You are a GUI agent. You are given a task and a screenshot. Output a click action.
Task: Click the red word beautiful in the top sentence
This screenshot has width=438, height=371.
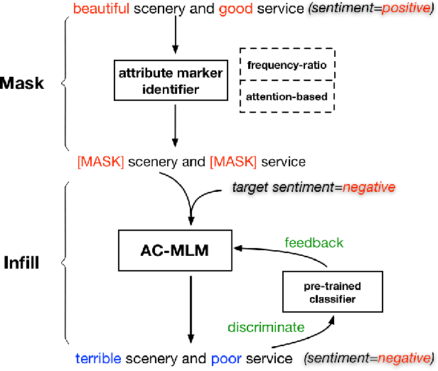(x=101, y=9)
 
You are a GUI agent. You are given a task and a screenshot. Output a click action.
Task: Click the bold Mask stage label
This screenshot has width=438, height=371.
(x=22, y=84)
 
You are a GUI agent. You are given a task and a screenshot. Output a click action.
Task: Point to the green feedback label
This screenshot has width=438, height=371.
(x=314, y=242)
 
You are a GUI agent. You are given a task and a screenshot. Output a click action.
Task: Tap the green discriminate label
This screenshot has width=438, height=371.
(x=266, y=328)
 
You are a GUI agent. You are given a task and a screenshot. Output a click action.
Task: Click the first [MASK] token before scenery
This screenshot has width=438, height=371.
(x=100, y=162)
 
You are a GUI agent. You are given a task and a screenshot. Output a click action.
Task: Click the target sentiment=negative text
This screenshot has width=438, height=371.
(x=313, y=187)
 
